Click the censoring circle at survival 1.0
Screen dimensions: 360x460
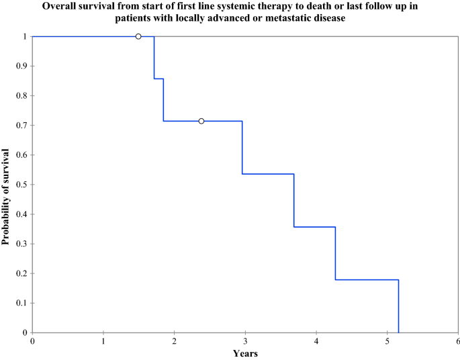[138, 36]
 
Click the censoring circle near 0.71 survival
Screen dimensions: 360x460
[201, 121]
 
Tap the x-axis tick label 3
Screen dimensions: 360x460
[245, 341]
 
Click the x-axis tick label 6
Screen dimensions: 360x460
[458, 341]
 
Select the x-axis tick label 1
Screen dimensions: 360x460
[103, 341]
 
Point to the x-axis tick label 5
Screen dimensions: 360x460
[387, 341]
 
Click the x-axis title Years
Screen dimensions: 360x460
[245, 353]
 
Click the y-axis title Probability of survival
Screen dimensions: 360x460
[6, 184]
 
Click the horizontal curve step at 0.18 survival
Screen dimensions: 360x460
[367, 279]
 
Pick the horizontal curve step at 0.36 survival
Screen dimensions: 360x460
[314, 227]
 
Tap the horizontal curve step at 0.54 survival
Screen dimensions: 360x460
[268, 174]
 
